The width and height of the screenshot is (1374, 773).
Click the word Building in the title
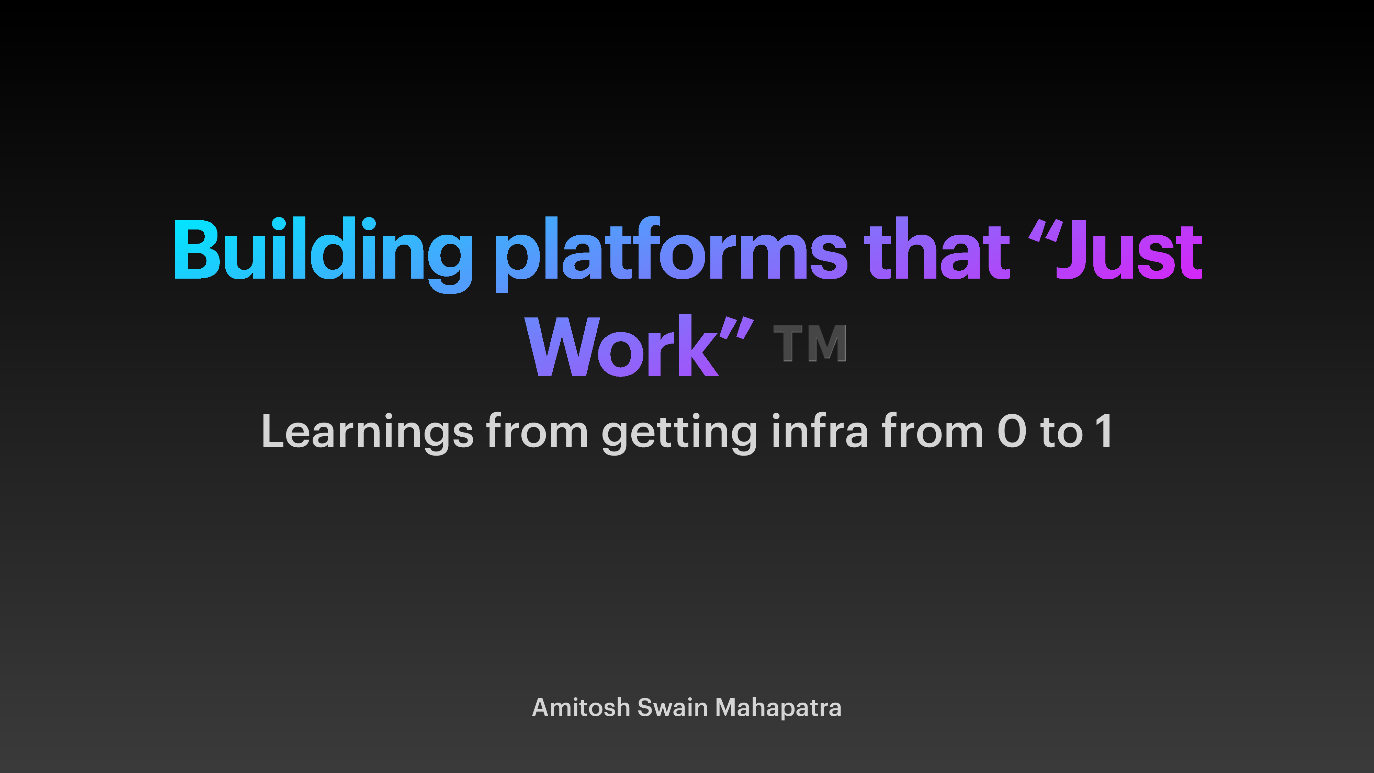click(x=322, y=251)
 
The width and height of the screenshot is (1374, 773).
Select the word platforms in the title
click(x=670, y=251)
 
